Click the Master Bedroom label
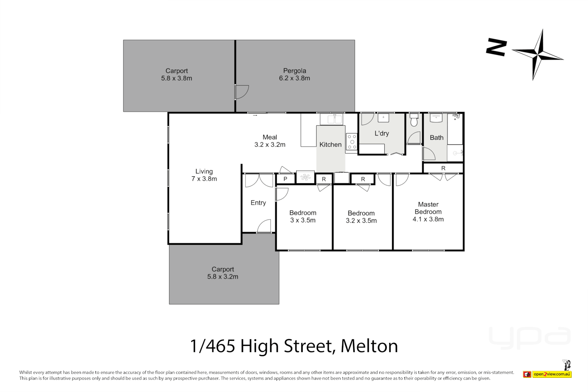click(428, 212)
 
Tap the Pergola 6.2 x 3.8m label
click(294, 74)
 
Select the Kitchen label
click(330, 144)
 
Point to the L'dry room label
click(381, 133)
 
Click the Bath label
click(436, 138)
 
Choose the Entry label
click(258, 203)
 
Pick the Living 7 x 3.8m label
click(204, 175)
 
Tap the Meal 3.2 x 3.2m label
click(270, 141)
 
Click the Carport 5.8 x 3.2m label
click(223, 273)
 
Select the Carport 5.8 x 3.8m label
click(177, 74)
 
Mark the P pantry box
click(285, 179)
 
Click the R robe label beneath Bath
click(443, 168)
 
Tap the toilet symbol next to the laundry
click(414, 120)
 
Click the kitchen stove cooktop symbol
click(352, 142)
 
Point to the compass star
click(538, 55)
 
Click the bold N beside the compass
click(496, 47)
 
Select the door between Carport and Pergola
click(241, 92)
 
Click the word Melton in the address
click(369, 346)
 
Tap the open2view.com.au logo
click(552, 374)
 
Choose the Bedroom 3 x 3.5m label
click(303, 216)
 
